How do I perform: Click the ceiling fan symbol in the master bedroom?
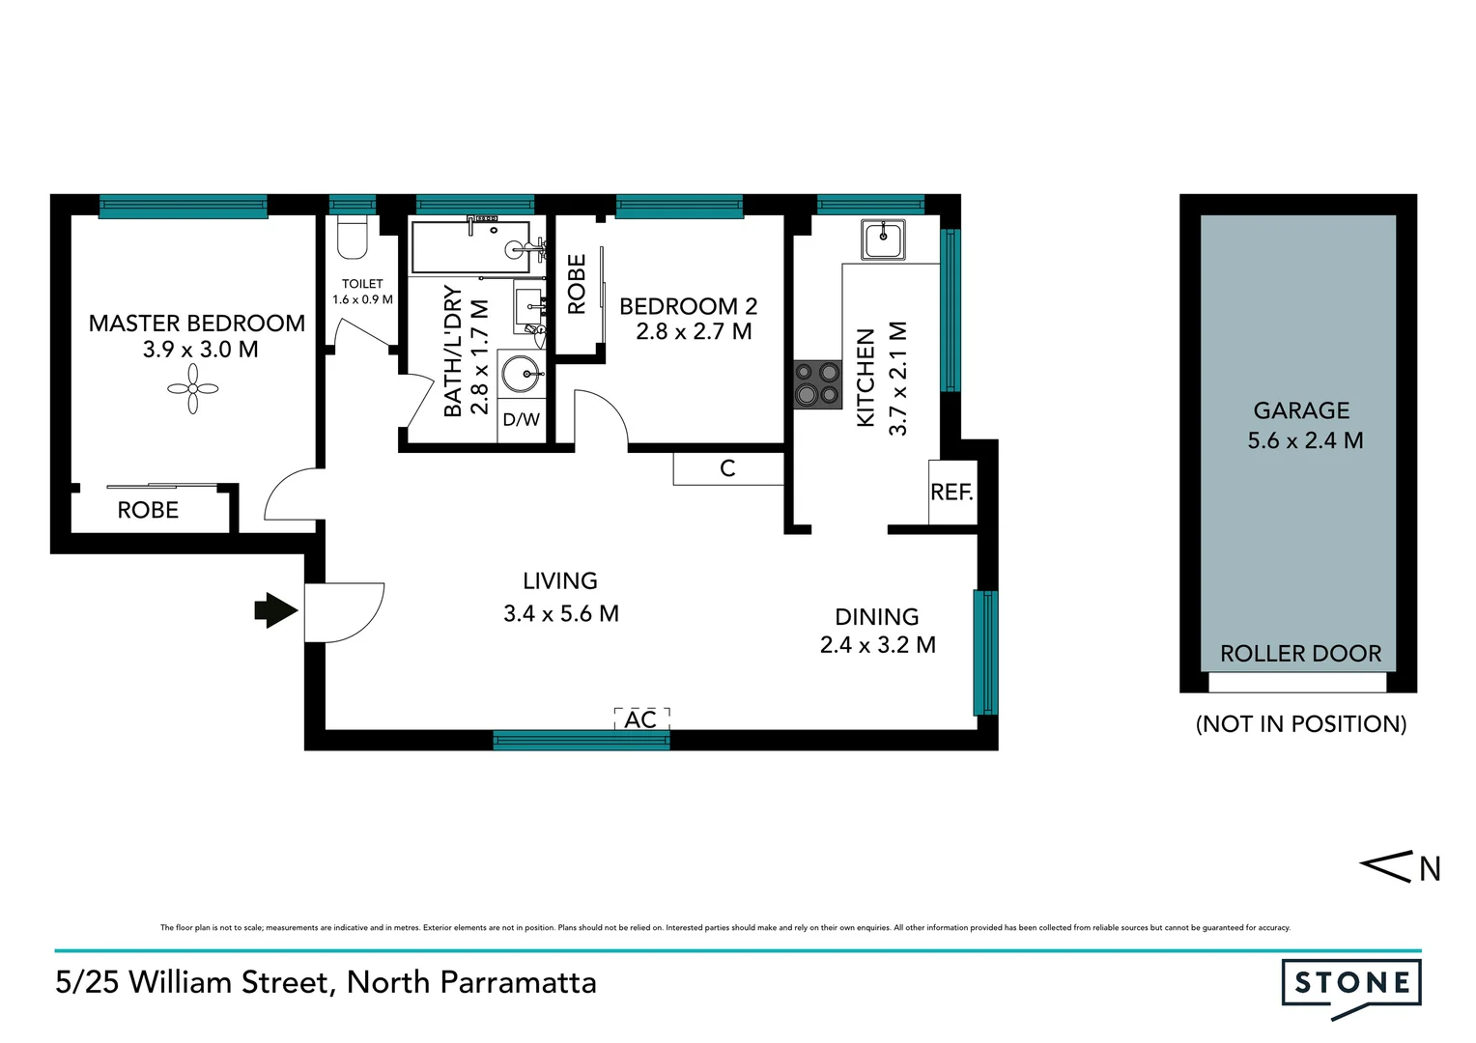193,389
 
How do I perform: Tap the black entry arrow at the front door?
276,610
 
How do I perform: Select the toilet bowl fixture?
353,239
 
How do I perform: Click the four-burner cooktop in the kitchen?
817,383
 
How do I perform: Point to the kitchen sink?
883,239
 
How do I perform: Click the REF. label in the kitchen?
951,493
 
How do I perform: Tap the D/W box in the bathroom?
522,420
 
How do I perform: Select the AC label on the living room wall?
640,720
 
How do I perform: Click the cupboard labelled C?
727,468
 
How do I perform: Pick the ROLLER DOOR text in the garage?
1300,654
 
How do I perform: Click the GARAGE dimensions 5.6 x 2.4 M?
1305,441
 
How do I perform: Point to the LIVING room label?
560,581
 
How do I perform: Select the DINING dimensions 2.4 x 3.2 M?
877,645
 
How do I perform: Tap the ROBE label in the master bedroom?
148,511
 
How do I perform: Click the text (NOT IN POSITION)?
1300,724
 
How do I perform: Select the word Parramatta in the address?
518,982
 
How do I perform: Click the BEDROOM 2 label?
688,307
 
